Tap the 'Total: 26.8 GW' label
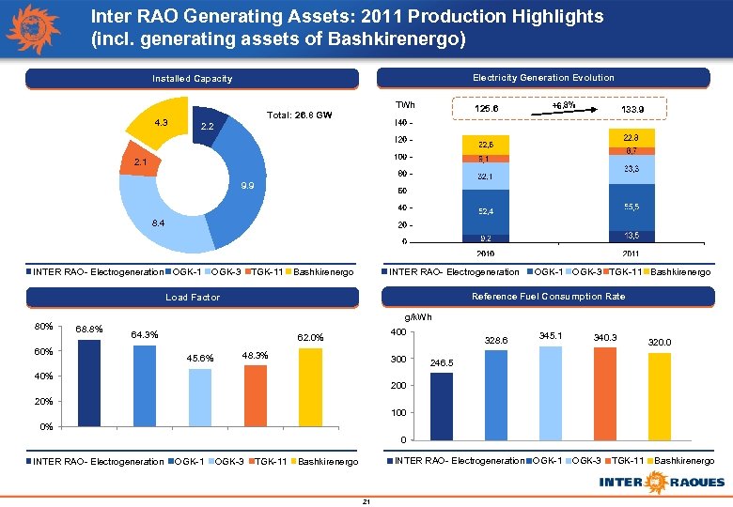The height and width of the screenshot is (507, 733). (x=300, y=116)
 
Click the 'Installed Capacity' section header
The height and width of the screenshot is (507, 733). (x=193, y=79)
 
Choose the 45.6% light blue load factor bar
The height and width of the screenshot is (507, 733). (x=199, y=397)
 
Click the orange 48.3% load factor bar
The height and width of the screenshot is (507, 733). (x=255, y=394)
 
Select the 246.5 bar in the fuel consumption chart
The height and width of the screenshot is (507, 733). (x=442, y=406)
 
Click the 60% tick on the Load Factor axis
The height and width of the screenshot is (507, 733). (x=43, y=352)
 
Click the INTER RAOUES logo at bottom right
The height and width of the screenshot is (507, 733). (x=663, y=482)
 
